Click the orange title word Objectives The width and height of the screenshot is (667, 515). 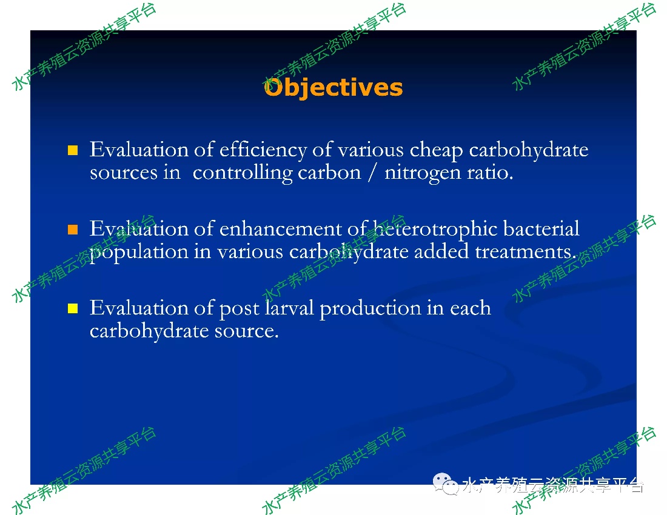point(333,88)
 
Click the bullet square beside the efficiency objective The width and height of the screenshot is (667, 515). point(73,150)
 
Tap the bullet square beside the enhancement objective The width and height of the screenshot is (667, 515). point(73,230)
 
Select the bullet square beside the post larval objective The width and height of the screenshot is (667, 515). point(73,308)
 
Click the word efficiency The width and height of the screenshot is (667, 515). point(263,151)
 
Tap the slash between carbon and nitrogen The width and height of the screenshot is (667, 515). point(373,173)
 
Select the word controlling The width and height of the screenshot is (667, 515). point(243,173)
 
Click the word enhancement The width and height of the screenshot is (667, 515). point(280,230)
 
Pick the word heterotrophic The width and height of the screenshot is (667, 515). point(435,230)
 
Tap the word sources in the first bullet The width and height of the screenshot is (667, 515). point(123,173)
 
